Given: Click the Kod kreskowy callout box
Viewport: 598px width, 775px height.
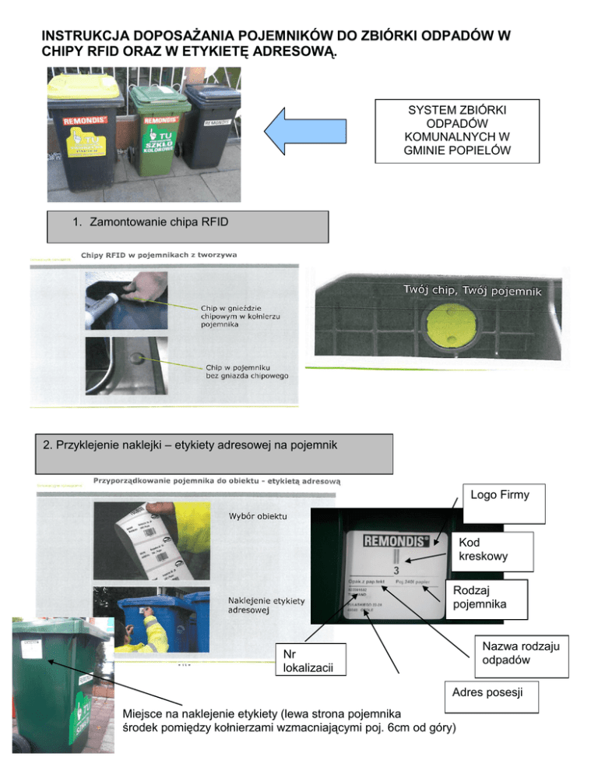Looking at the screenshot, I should click(494, 551).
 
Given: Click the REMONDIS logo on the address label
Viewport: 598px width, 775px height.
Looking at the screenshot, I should click(394, 540).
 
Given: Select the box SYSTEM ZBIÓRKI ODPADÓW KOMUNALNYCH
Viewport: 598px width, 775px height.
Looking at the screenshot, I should click(456, 130).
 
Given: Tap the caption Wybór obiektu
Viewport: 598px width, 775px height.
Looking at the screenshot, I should click(258, 516).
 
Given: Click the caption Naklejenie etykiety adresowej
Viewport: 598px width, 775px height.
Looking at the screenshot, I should click(266, 607).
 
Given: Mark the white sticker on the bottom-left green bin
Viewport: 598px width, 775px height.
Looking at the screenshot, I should click(33, 646).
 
